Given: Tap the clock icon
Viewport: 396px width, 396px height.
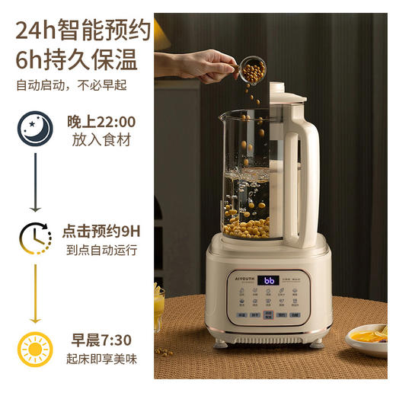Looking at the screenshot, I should coord(36,238).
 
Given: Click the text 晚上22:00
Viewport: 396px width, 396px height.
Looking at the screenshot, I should coord(101,121).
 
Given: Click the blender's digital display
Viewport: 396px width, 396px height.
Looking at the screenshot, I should coord(268,280).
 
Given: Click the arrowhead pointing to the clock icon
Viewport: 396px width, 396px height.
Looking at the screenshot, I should coord(35,209).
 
